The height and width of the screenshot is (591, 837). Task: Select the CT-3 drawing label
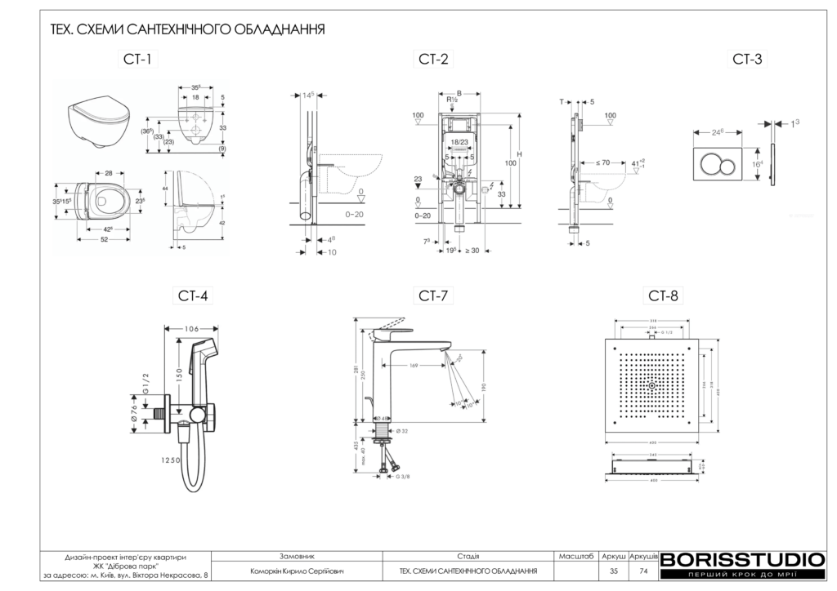(x=747, y=59)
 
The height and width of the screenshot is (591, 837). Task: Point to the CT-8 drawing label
(x=663, y=295)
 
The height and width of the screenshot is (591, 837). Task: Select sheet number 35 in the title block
(x=614, y=571)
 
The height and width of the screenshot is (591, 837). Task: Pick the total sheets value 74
(x=643, y=571)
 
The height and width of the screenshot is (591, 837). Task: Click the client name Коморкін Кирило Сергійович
(x=298, y=571)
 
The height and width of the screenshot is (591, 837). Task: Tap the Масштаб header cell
(x=575, y=556)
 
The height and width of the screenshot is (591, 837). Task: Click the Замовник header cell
(x=297, y=556)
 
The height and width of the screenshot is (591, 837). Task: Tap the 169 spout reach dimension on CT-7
(x=414, y=367)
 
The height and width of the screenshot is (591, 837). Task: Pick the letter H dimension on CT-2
(x=520, y=155)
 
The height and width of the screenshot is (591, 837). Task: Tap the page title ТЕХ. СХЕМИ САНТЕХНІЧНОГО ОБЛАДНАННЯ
(x=188, y=30)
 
